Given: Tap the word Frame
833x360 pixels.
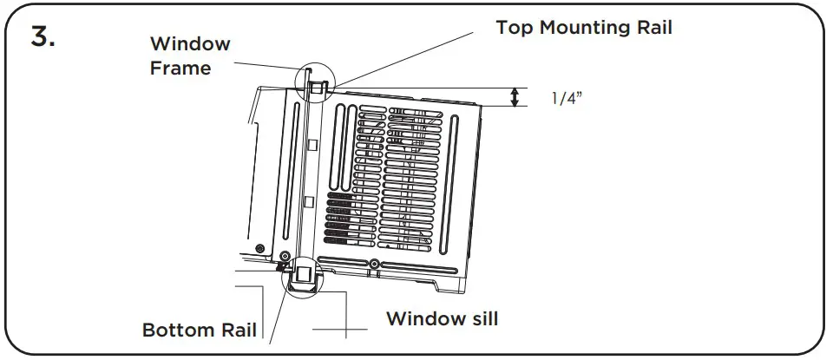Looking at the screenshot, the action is (180, 68).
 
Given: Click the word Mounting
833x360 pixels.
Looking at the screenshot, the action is (585, 28).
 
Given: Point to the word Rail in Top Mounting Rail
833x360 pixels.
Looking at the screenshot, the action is (653, 27).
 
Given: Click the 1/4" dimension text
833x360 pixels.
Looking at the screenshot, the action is (567, 97).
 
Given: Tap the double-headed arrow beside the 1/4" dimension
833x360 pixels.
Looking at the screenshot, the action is (515, 97).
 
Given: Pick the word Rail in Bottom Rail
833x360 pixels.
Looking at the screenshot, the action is (238, 331).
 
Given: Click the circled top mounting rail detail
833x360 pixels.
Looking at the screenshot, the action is (317, 84).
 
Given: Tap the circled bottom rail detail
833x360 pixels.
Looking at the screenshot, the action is (303, 277).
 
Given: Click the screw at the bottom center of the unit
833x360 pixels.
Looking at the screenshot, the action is (373, 263).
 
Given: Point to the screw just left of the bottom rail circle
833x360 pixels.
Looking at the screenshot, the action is (285, 258).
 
